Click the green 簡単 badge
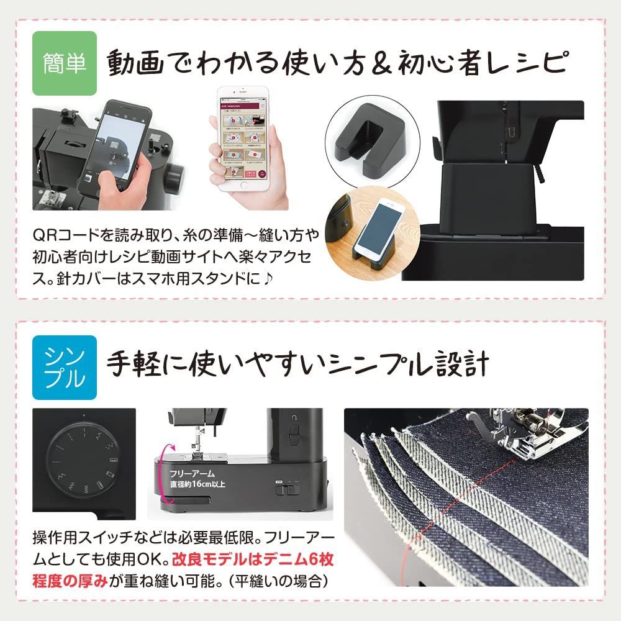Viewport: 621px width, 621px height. pos(65,63)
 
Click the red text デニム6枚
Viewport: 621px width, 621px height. pos(298,561)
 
